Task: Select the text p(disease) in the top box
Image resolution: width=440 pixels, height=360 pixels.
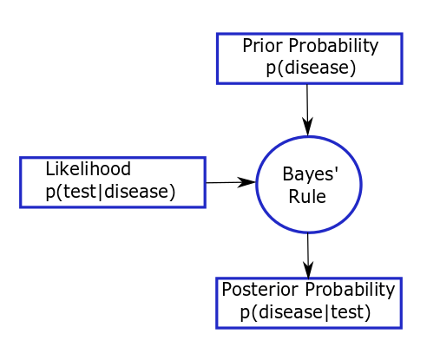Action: pos(311,68)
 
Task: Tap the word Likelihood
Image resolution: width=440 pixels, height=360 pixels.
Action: pos(89,168)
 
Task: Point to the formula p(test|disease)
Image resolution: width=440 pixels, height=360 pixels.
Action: pos(110,192)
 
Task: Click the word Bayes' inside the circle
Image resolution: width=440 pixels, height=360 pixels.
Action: pos(311,174)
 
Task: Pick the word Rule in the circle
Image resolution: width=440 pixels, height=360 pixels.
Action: pos(307,197)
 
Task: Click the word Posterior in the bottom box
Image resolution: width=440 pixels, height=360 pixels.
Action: pos(260,289)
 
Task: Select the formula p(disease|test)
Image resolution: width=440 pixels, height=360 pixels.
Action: pos(305,312)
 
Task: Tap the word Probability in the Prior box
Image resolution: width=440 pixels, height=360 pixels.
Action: pos(333,46)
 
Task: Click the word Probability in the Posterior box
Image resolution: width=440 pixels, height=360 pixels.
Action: pos(350,290)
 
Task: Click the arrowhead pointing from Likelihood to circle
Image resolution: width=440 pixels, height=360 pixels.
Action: pos(246,182)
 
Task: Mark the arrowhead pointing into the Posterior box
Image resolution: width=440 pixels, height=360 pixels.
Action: pos(308,271)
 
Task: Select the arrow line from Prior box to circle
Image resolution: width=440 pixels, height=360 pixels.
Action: pos(307,110)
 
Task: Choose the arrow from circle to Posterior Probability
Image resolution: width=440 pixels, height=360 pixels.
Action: pos(308,256)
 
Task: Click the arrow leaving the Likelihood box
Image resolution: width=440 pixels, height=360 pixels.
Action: pos(231,182)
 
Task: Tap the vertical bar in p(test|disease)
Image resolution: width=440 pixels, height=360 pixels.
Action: pos(101,192)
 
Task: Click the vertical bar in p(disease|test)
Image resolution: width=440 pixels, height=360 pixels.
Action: pos(327,312)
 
